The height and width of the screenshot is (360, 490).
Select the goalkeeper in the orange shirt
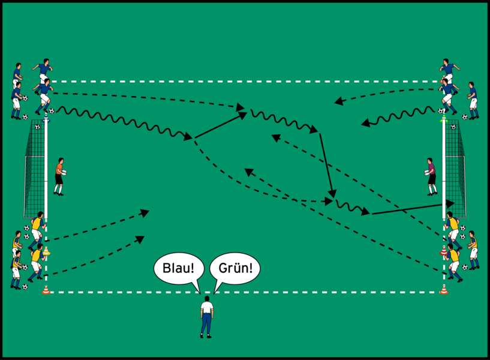[59, 176]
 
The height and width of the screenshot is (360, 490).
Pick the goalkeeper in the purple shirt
[431, 176]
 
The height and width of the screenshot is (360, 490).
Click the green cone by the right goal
[443, 119]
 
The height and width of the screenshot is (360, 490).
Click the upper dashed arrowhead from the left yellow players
[145, 212]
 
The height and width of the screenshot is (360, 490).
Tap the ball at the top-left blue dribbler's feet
[51, 111]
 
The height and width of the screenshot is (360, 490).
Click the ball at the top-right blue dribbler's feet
[441, 111]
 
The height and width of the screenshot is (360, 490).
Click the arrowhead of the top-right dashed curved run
[339, 102]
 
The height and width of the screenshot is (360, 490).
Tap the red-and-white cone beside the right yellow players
[444, 250]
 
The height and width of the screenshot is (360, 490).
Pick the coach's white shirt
[206, 307]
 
